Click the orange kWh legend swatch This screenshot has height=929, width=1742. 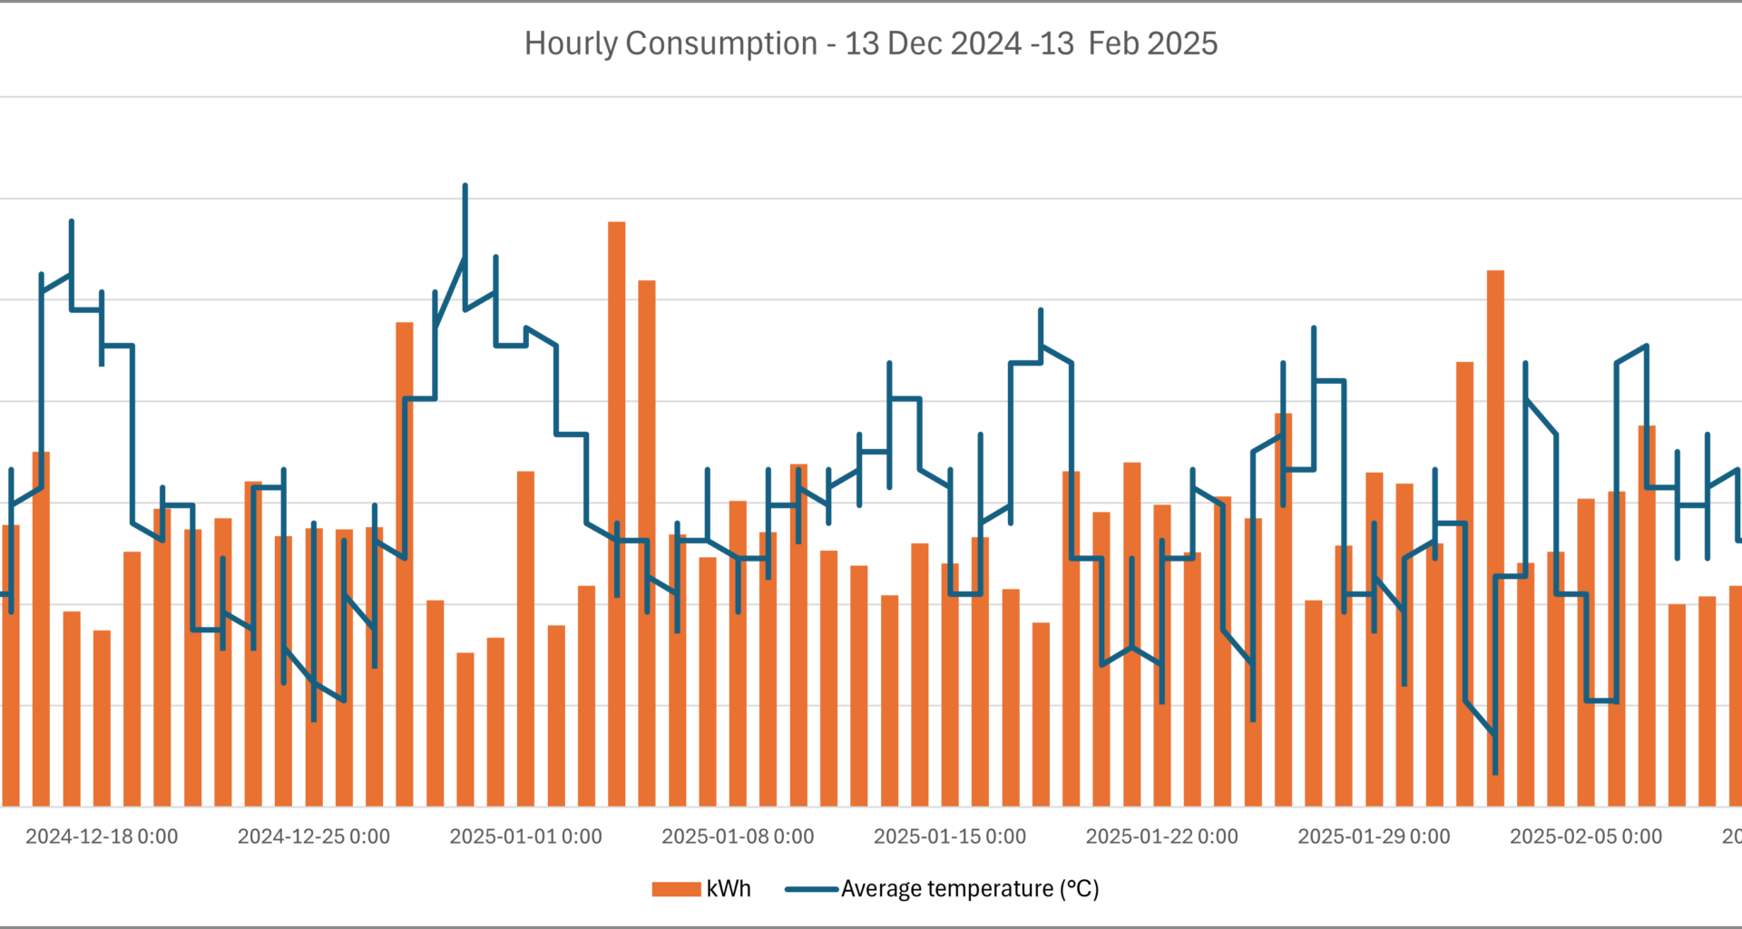pyautogui.click(x=676, y=889)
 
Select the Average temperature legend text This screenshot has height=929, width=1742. pyautogui.click(x=970, y=889)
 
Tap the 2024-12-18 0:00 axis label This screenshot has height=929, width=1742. pyautogui.click(x=102, y=836)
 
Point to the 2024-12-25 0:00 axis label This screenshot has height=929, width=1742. pyautogui.click(x=314, y=836)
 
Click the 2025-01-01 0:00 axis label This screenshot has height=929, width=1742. pyautogui.click(x=525, y=836)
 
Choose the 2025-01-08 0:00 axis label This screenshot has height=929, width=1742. pyautogui.click(x=738, y=836)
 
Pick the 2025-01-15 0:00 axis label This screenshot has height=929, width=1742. pyautogui.click(x=950, y=836)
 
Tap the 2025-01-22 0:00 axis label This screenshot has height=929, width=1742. pyautogui.click(x=1162, y=836)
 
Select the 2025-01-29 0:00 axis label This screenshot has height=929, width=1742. pyautogui.click(x=1374, y=836)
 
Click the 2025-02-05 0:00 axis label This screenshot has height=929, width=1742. pyautogui.click(x=1586, y=836)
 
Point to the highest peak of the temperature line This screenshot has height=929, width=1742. pyautogui.click(x=465, y=186)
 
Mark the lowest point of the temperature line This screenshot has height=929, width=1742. pyautogui.click(x=1495, y=772)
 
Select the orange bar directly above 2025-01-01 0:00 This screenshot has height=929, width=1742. pyautogui.click(x=525, y=635)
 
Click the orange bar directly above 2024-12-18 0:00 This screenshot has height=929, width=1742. pyautogui.click(x=102, y=717)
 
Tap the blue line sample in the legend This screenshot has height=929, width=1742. pyautogui.click(x=811, y=889)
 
